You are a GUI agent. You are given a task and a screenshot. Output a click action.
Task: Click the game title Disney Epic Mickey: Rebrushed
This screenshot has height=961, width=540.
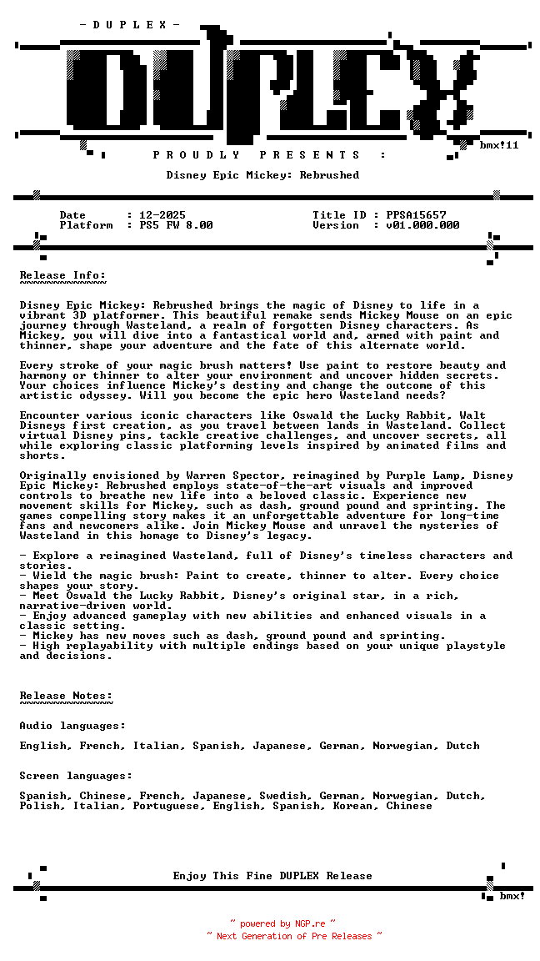pos(262,175)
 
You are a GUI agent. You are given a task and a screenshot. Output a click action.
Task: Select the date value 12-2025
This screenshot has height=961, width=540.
pos(162,215)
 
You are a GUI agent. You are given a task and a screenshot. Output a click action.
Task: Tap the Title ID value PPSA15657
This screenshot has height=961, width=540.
pos(416,215)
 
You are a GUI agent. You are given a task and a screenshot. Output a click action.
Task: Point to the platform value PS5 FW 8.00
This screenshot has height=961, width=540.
pos(176,225)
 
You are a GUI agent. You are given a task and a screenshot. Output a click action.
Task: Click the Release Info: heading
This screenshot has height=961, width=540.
pos(62,275)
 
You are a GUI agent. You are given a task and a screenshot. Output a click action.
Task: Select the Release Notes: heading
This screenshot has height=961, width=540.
pos(66,696)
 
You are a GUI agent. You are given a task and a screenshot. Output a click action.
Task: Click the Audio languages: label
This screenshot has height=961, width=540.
pos(72,726)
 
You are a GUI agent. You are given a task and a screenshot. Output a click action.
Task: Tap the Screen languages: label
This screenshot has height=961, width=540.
pos(76,776)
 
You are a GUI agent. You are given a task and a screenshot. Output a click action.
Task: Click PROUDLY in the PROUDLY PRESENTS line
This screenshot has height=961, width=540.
pos(196,155)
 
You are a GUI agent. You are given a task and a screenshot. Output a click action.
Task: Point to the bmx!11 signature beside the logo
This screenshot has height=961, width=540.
pos(499,145)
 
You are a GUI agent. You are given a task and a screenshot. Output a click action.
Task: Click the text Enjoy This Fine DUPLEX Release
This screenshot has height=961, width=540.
pos(272,876)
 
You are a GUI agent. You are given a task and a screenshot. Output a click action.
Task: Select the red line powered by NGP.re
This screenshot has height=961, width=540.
pos(282,923)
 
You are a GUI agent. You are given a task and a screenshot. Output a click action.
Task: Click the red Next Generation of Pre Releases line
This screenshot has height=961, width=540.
pos(294,936)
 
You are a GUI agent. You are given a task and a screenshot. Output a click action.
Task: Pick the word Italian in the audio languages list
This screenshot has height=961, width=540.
pos(156,746)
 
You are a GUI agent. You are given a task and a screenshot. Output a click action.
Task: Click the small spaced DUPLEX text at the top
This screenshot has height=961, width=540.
pos(129,25)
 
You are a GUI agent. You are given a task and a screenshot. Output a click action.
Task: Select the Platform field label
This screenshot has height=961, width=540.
pos(86,225)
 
